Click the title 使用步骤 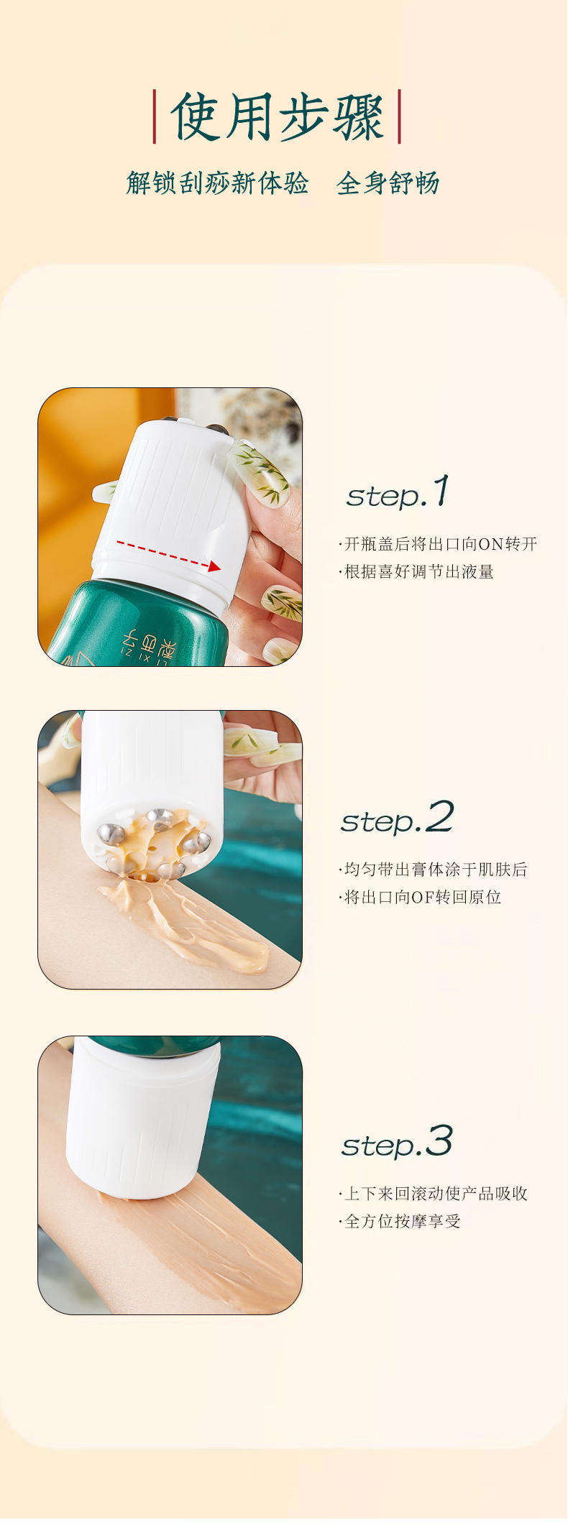[277, 117]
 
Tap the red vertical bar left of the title [155, 116]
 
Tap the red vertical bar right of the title [399, 116]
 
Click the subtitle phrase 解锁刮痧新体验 [217, 183]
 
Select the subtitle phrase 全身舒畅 [388, 183]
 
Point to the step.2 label [397, 819]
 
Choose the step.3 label [397, 1143]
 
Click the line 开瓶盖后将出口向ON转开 [439, 544]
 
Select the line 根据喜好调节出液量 [418, 572]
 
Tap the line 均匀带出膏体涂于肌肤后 [434, 870]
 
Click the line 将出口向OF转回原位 [421, 898]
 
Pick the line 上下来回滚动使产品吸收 [435, 1194]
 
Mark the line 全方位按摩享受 [401, 1222]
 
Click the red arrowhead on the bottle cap [214, 566]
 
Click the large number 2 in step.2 [439, 817]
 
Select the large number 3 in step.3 [439, 1141]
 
